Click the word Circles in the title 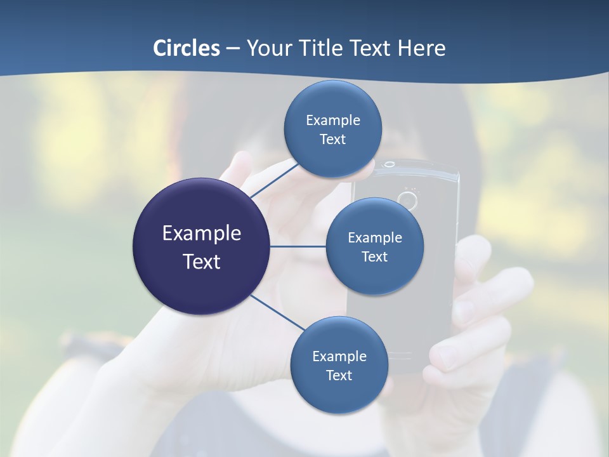click(187, 48)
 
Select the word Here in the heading click(421, 48)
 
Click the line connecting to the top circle click(274, 180)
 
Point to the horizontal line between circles click(298, 246)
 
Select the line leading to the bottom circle click(277, 312)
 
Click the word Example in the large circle click(202, 234)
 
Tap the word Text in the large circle click(202, 262)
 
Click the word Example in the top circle click(333, 121)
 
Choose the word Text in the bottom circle click(339, 376)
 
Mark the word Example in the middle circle click(375, 238)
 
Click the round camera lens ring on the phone click(407, 201)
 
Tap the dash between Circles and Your click(233, 48)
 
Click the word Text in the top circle click(333, 140)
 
